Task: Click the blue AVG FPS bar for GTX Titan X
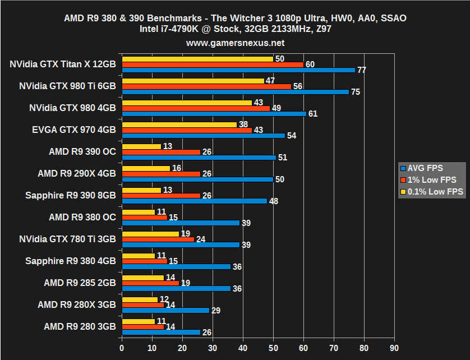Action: (x=238, y=70)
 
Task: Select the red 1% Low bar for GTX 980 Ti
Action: (x=206, y=86)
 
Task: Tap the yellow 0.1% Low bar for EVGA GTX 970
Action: (x=179, y=124)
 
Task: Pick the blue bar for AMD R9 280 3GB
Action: (x=161, y=333)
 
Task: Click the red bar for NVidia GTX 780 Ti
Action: (x=158, y=239)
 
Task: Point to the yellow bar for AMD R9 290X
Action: (x=146, y=168)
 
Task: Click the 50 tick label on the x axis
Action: (x=273, y=348)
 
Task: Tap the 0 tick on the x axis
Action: (x=122, y=348)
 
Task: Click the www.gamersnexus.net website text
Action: (x=235, y=43)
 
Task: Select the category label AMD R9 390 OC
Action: (x=82, y=151)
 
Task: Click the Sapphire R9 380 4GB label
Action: (x=71, y=261)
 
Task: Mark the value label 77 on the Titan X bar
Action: (x=362, y=70)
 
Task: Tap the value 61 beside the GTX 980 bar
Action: (x=313, y=114)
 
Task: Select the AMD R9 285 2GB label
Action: (x=80, y=283)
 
